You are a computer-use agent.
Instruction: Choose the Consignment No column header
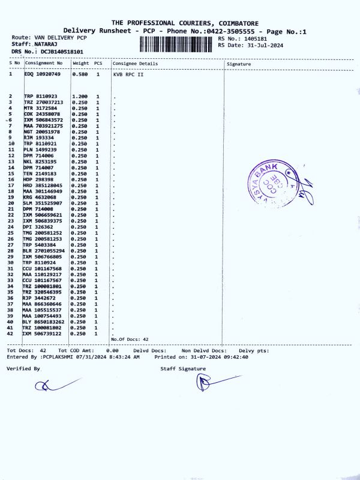click(44, 64)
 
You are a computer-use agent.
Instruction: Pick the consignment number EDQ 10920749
click(43, 74)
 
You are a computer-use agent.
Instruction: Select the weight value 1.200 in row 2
click(80, 97)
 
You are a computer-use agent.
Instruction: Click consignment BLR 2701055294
click(44, 251)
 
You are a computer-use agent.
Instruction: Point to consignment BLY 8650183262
click(44, 322)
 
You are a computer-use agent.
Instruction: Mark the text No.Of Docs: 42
click(130, 340)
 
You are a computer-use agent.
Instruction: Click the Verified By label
click(23, 368)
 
